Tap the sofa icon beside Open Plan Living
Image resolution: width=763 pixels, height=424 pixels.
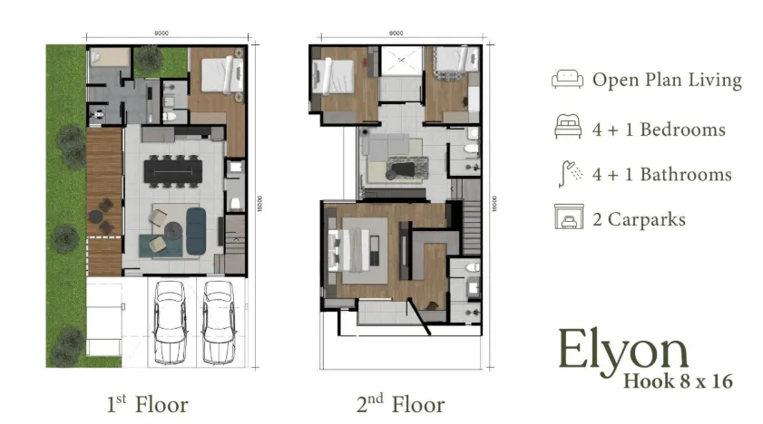pos(566,80)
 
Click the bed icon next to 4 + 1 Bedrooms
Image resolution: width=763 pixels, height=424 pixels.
pos(567,129)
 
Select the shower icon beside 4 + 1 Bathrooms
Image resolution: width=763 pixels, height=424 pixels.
pos(567,173)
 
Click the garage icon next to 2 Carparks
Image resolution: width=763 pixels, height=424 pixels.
pos(567,218)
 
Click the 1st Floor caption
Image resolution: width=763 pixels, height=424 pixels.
pos(147,402)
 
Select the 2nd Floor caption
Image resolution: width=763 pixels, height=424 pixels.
pos(400,402)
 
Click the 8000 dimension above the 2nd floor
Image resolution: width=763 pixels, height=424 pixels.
pos(396,34)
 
